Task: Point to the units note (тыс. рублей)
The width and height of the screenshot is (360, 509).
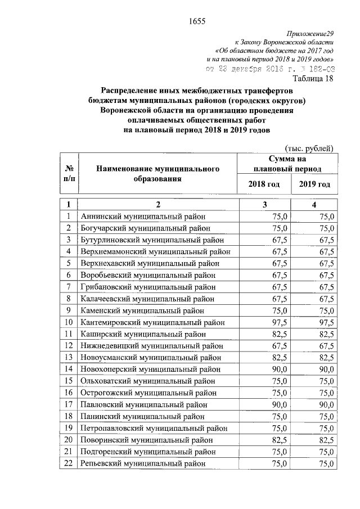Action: tap(310, 148)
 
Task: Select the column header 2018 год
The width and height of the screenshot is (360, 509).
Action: tap(264, 184)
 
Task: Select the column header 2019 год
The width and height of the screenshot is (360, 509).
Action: tap(314, 184)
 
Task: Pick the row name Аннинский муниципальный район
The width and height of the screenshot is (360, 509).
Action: tap(143, 216)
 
